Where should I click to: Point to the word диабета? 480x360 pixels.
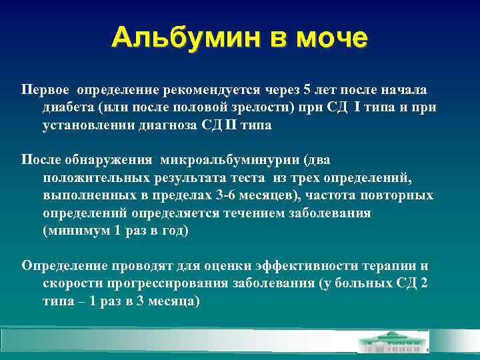coord(69,107)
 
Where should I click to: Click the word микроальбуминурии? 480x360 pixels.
coord(225,160)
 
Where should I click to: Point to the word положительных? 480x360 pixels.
coord(89,177)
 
